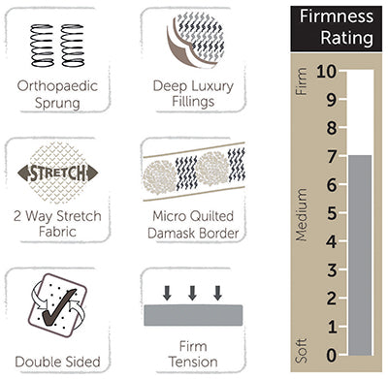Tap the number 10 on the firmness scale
point(325,72)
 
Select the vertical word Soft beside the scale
point(300,345)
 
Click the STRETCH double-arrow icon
point(58,174)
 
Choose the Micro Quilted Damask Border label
point(191,225)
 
